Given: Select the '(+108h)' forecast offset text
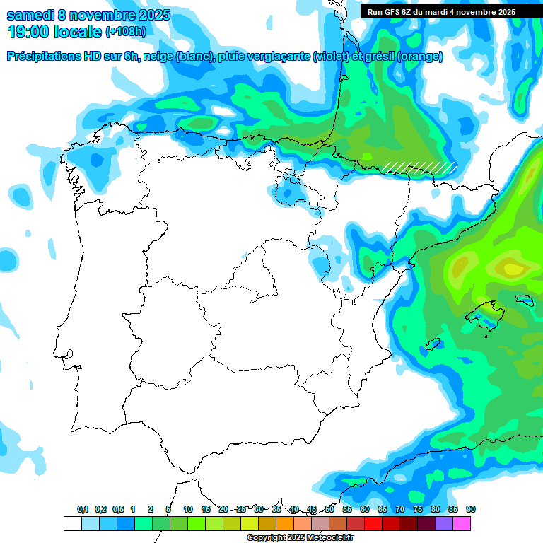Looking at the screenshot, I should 126,32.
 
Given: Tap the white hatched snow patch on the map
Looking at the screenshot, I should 419,167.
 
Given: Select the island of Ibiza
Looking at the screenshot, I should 433,344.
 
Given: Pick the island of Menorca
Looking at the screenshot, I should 524,300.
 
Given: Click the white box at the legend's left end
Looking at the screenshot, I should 72,523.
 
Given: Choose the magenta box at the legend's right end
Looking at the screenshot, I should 462,523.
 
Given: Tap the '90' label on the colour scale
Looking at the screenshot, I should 471,510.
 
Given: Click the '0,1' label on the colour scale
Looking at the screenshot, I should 82,510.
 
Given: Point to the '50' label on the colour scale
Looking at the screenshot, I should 329,510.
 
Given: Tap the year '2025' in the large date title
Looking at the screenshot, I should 150,15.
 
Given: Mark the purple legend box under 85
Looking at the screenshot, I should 444,523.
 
